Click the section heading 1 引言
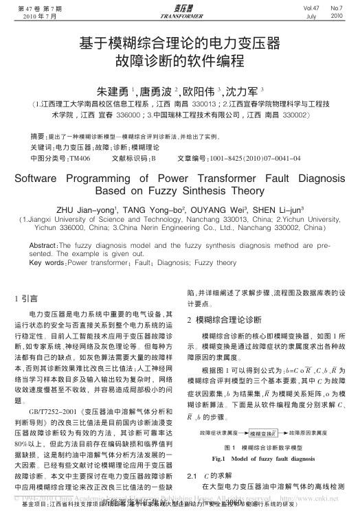[x=27, y=299]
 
